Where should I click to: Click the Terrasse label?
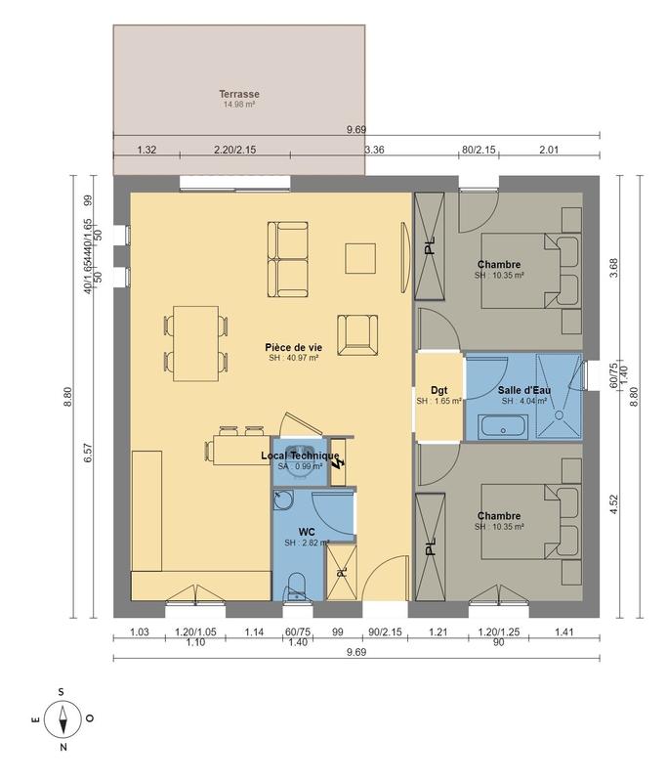click(238, 95)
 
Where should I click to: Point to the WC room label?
click(307, 532)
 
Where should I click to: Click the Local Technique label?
click(300, 456)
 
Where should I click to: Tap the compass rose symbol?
click(62, 720)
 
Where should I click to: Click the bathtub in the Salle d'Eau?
click(503, 426)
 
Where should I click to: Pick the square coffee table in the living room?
click(359, 257)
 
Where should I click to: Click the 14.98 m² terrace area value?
click(238, 105)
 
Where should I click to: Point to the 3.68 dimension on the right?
click(612, 269)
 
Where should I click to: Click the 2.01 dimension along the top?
click(548, 150)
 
